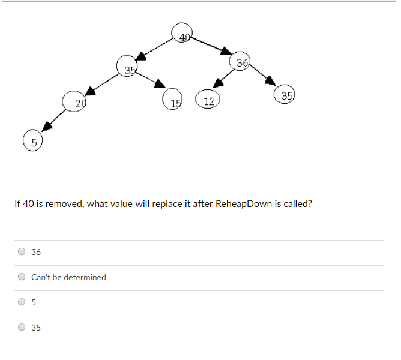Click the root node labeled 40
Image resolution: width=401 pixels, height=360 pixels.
182,33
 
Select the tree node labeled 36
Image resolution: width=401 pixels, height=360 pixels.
240,61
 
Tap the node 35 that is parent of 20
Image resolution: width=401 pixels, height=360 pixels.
127,66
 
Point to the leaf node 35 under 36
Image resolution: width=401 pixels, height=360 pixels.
284,94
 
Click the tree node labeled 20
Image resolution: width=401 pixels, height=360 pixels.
74,101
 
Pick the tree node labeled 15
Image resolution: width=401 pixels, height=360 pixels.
172,99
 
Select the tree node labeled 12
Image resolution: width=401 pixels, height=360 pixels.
208,99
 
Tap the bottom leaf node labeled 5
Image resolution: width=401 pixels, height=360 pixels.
33,140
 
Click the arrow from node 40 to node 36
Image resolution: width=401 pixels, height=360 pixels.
211,46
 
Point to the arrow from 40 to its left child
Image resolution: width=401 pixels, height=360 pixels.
154,49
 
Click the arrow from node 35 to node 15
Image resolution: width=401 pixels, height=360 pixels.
150,80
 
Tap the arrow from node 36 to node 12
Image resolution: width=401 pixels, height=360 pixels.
223,79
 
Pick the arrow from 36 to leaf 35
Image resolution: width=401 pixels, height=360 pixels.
262,74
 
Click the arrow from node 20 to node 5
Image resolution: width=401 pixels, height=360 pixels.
53,121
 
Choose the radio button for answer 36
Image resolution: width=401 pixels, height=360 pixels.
22,251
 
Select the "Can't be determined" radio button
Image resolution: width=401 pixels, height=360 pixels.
22,277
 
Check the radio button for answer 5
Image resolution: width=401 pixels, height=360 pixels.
22,302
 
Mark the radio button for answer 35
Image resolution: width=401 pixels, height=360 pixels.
22,327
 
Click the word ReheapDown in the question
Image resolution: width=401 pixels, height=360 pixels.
244,204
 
